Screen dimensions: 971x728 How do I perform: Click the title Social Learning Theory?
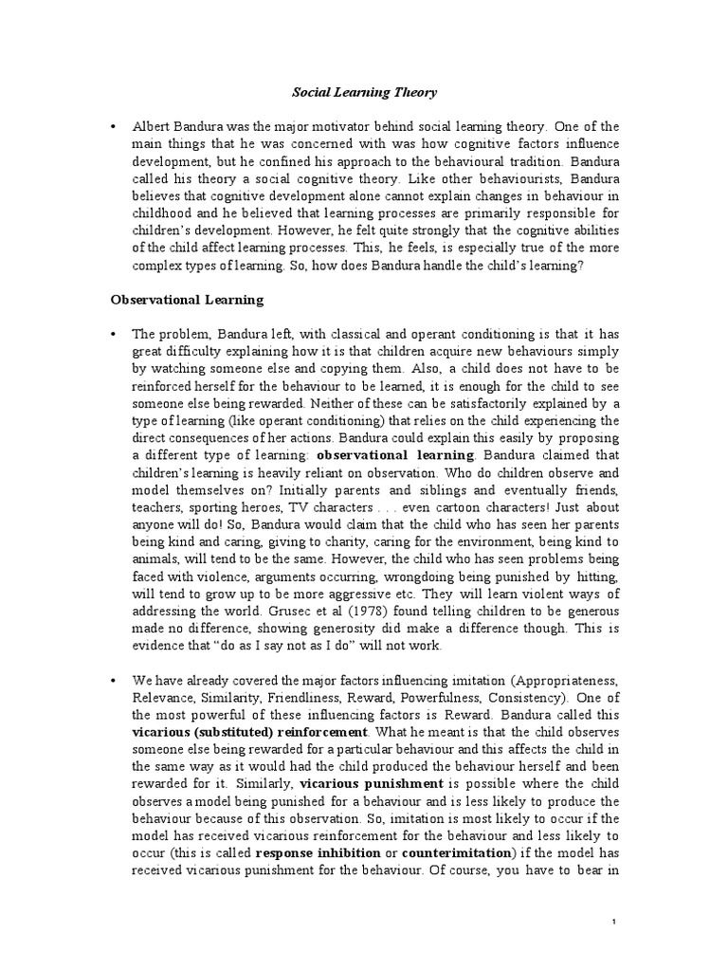click(363, 92)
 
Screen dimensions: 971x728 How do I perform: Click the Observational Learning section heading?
click(187, 300)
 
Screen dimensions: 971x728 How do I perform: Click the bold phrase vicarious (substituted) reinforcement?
click(249, 733)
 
